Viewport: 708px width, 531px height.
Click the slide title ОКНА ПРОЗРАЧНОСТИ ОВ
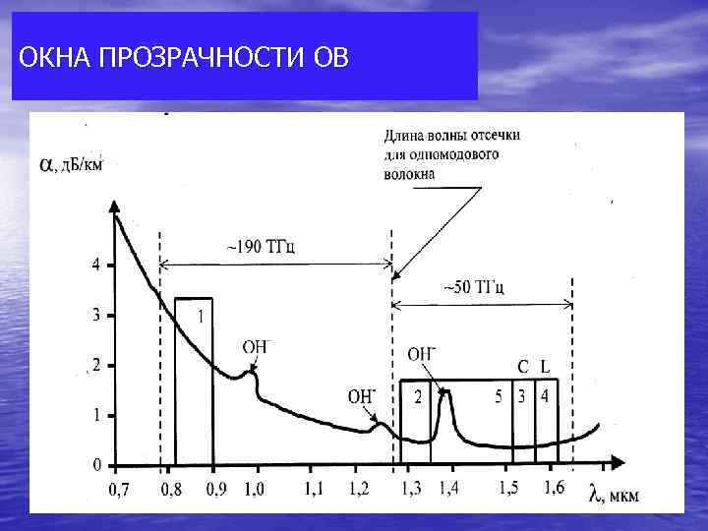tap(183, 57)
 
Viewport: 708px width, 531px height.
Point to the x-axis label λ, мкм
tap(614, 495)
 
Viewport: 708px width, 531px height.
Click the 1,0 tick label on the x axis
tap(254, 489)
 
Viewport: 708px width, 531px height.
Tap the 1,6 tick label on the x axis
tap(553, 489)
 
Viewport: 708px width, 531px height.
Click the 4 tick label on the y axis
tap(95, 265)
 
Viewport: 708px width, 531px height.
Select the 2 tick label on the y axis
tap(95, 365)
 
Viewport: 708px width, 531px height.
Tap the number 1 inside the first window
tap(201, 317)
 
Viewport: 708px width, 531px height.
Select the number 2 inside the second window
tap(417, 398)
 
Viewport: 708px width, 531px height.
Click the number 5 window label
tap(500, 397)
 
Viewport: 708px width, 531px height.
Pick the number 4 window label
tap(545, 397)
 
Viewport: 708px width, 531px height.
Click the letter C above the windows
tap(523, 367)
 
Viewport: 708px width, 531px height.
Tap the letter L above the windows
tap(545, 367)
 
